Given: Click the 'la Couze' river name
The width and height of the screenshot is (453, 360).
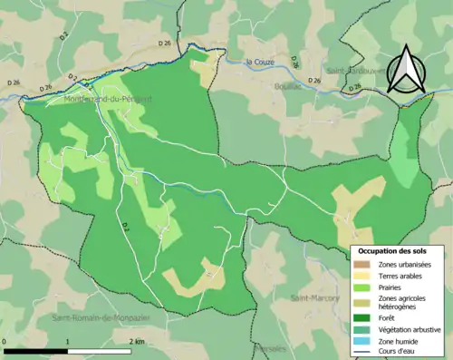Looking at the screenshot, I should pos(262,62).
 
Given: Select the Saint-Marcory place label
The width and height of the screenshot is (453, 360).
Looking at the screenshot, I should pos(314,297).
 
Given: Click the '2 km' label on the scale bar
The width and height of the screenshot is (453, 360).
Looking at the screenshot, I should pos(136,342).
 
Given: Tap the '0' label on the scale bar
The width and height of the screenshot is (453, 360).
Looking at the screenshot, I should pos(5,342).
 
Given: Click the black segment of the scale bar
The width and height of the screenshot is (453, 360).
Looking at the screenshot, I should pos(36,350).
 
